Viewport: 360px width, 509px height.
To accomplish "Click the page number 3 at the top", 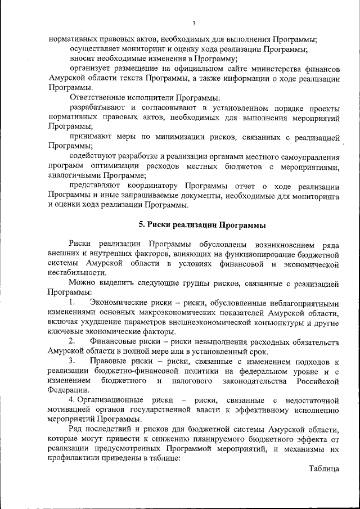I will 193,23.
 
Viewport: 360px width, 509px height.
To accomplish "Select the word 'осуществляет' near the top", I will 94,49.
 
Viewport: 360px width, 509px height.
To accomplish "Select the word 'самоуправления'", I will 307,157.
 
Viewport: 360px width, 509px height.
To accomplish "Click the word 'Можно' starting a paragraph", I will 82,283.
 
